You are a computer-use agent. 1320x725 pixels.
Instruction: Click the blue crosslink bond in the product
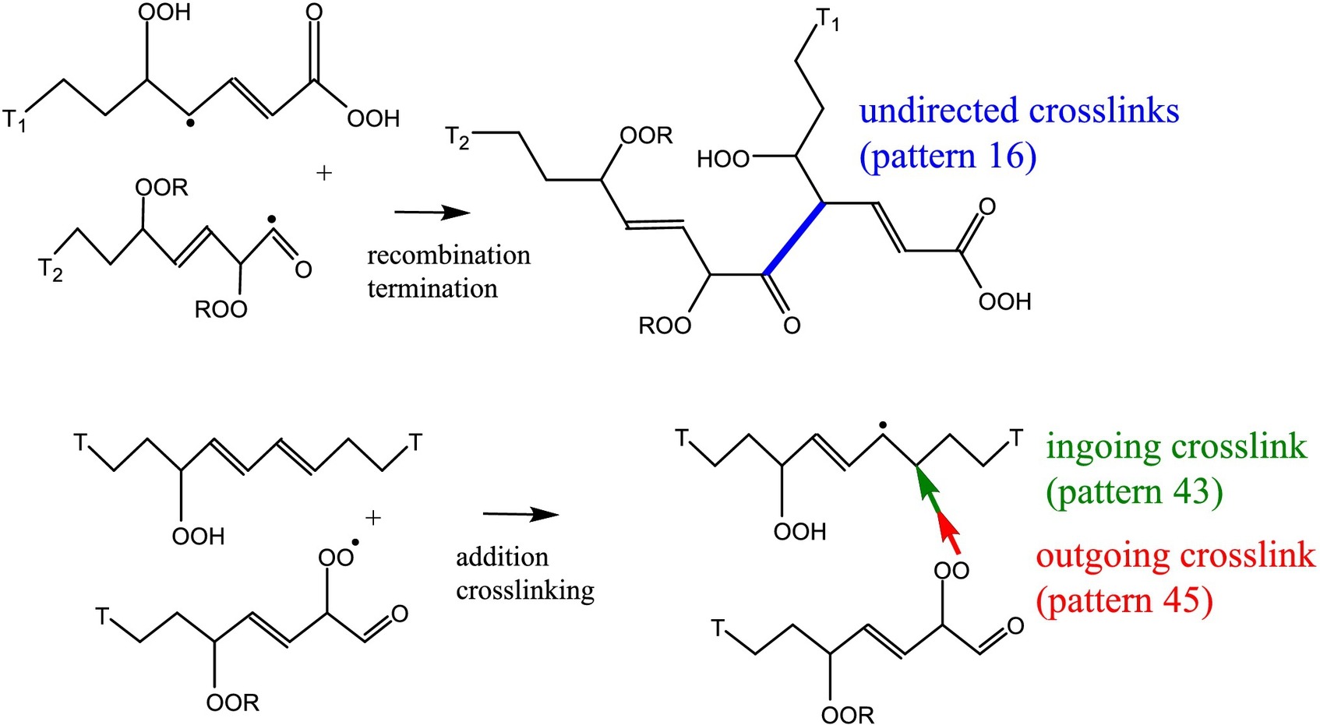click(x=795, y=238)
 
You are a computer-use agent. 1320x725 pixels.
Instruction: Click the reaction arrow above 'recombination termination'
click(x=432, y=213)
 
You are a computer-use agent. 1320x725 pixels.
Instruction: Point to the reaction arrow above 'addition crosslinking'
click(x=521, y=514)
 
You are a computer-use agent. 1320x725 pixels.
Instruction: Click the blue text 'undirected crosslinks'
click(x=1018, y=111)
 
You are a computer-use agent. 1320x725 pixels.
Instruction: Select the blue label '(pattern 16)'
click(x=948, y=156)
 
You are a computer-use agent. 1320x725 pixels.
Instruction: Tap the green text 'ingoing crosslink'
click(x=1176, y=446)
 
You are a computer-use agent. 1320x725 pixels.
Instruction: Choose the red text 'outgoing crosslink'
click(x=1175, y=555)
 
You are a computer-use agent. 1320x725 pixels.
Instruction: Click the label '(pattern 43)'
click(x=1134, y=491)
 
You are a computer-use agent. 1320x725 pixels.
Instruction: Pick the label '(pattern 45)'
click(x=1124, y=600)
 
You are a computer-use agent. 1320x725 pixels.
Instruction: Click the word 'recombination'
click(x=448, y=255)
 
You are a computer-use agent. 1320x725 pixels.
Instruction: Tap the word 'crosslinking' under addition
click(x=524, y=590)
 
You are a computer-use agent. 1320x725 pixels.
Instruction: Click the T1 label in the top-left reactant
click(x=15, y=120)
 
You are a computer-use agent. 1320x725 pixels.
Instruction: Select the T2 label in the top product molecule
click(x=457, y=138)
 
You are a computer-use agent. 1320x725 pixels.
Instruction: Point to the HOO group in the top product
click(x=722, y=160)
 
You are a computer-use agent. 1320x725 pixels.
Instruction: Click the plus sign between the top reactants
click(x=324, y=173)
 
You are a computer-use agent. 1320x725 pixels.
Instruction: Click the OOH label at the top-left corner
click(x=164, y=12)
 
